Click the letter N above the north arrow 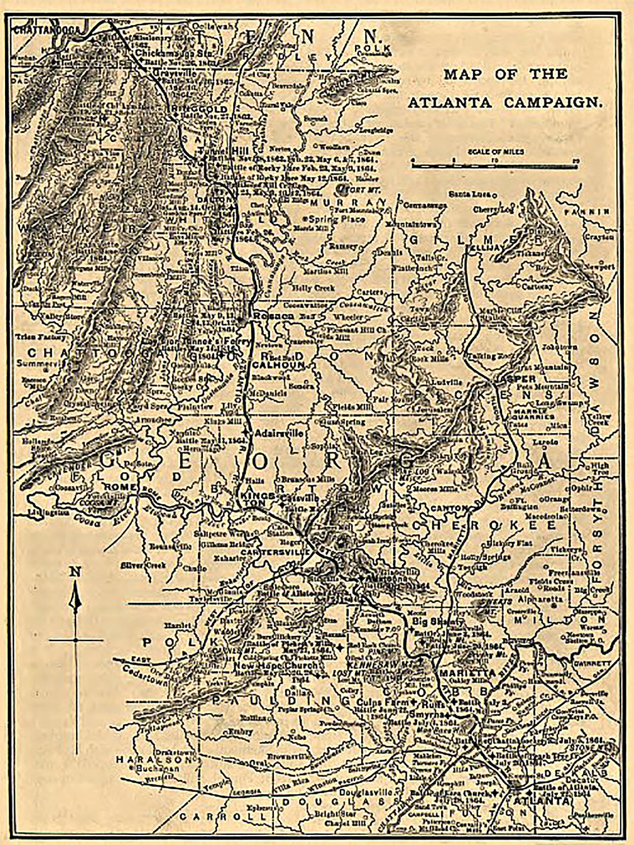(x=75, y=571)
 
